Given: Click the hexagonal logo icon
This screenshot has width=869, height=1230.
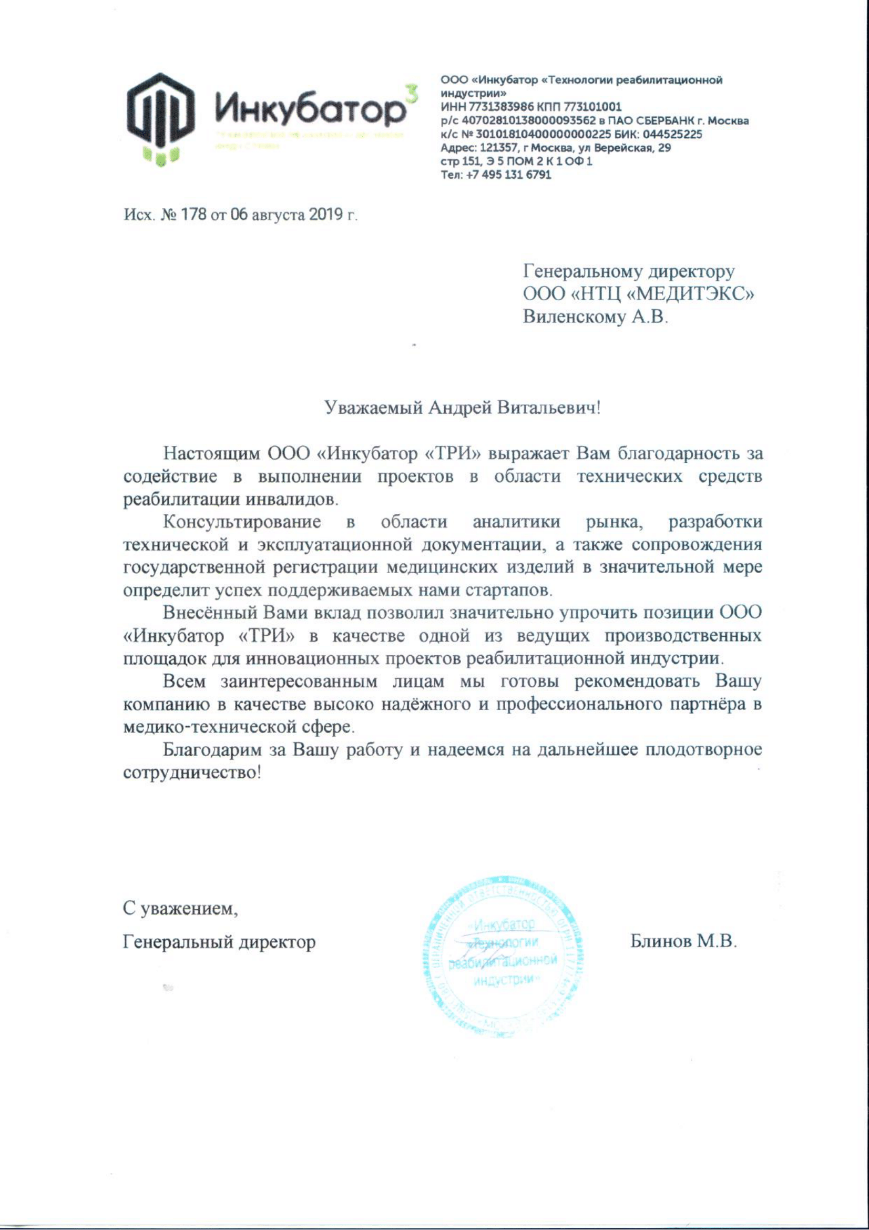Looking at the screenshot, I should click(160, 118).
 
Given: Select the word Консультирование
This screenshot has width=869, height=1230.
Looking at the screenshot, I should click(242, 522).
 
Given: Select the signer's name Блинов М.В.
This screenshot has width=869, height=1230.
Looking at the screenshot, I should click(683, 941).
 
